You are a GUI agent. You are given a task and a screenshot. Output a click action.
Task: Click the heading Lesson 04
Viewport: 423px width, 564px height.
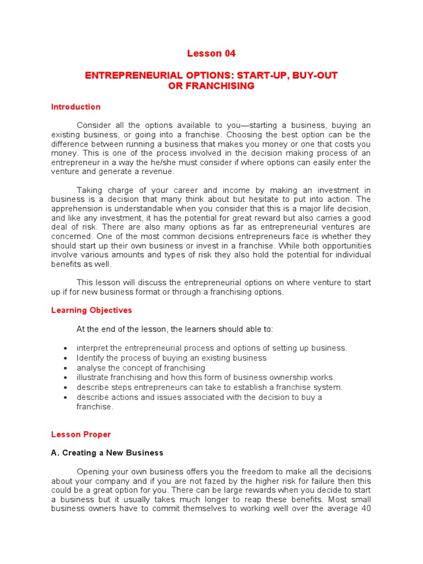pyautogui.click(x=211, y=53)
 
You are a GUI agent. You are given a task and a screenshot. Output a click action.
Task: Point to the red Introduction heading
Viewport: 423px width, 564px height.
pyautogui.click(x=76, y=107)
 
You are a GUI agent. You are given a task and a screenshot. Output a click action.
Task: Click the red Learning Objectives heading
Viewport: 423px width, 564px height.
pyautogui.click(x=91, y=310)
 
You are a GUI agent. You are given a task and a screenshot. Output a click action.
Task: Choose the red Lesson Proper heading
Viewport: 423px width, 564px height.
pyautogui.click(x=81, y=435)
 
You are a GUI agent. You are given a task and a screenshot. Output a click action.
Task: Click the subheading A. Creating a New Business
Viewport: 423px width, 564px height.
pyautogui.click(x=107, y=453)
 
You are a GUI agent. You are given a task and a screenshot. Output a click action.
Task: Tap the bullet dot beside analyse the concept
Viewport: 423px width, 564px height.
pyautogui.click(x=66, y=368)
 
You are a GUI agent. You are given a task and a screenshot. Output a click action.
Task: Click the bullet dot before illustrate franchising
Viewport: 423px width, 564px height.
pyautogui.click(x=66, y=378)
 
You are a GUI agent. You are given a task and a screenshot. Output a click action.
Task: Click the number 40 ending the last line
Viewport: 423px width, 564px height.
pyautogui.click(x=366, y=508)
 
